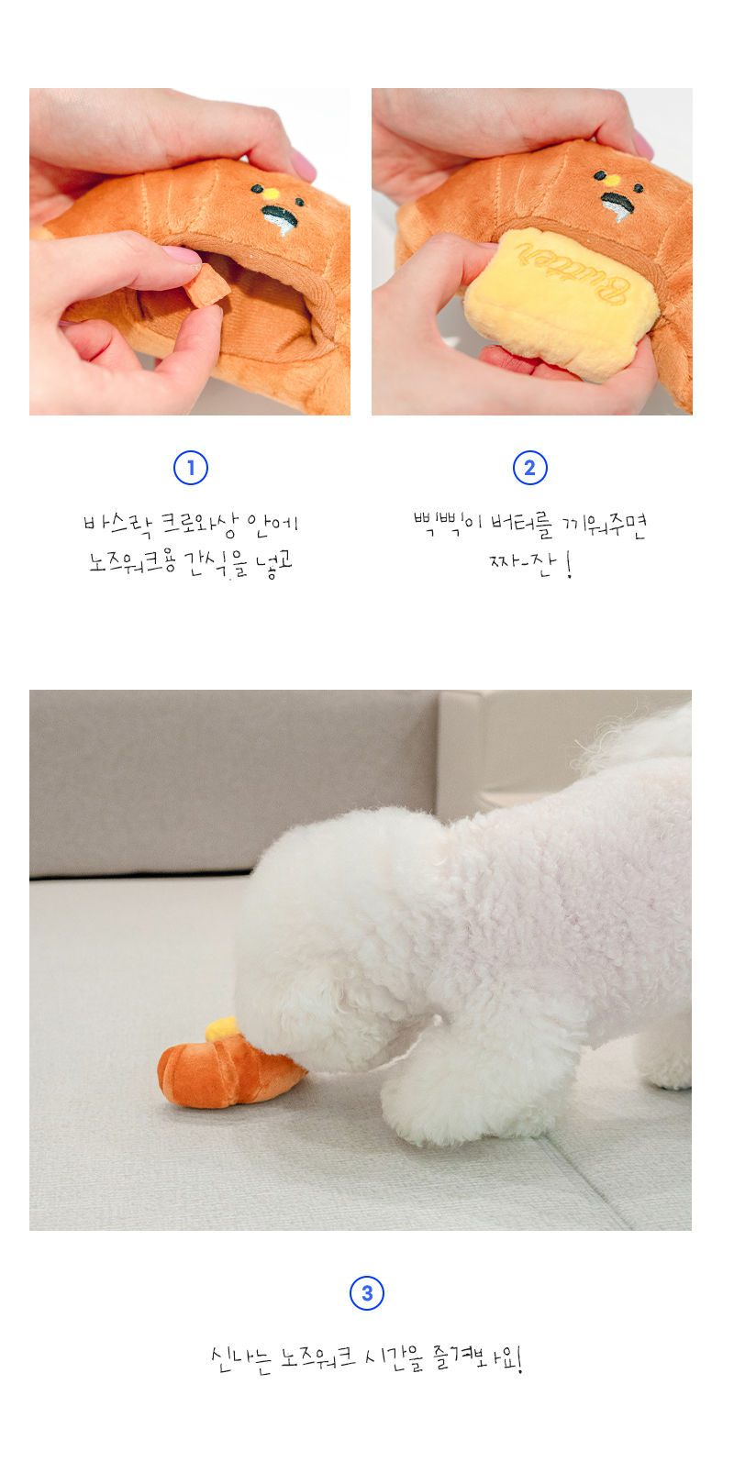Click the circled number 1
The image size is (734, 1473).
(191, 469)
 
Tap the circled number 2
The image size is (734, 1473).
(529, 469)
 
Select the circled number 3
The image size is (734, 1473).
(367, 1293)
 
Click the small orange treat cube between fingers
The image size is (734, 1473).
(206, 285)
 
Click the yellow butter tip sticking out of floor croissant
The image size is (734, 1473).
(221, 1028)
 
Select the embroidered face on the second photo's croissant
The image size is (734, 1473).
(613, 194)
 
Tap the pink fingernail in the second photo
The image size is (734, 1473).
(642, 144)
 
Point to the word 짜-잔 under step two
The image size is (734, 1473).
(520, 562)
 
